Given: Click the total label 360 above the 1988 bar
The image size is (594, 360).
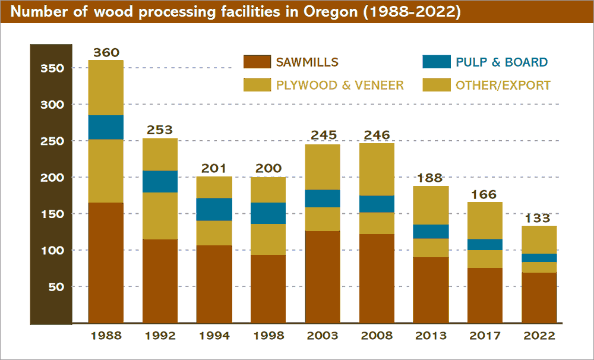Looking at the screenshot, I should pyautogui.click(x=106, y=53).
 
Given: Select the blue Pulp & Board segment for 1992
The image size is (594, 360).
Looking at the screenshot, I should pyautogui.click(x=160, y=181).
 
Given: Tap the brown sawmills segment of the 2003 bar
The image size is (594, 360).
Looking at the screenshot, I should pyautogui.click(x=323, y=277).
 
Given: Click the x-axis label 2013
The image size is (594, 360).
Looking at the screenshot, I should pyautogui.click(x=431, y=336).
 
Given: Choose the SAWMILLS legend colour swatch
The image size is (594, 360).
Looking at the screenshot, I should pyautogui.click(x=257, y=62).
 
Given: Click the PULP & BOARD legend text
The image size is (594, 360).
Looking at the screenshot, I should pyautogui.click(x=501, y=62).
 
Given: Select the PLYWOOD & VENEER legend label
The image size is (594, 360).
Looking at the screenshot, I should pyautogui.click(x=340, y=85).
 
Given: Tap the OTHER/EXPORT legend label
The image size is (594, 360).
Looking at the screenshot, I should pyautogui.click(x=503, y=85).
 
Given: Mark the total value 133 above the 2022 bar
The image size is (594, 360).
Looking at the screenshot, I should pyautogui.click(x=539, y=219).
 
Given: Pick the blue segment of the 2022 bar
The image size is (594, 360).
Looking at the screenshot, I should pyautogui.click(x=539, y=258).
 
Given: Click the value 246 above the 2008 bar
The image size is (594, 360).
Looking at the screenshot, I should pyautogui.click(x=377, y=135).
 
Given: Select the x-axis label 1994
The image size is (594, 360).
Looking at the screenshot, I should pyautogui.click(x=214, y=336).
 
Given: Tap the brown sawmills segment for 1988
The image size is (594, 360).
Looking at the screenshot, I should pyautogui.click(x=106, y=263).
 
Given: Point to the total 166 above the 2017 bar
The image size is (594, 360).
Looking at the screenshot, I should pyautogui.click(x=485, y=195).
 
